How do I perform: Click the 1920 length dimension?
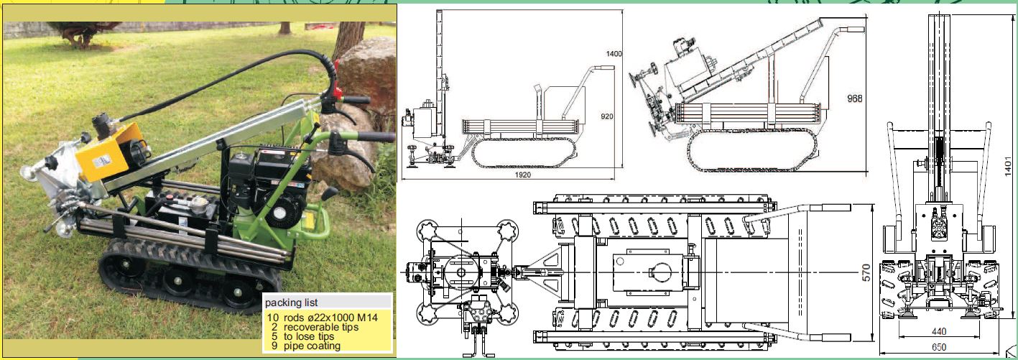[522, 175]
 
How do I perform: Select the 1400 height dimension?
[614, 54]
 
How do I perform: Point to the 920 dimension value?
[607, 116]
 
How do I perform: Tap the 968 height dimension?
[854, 98]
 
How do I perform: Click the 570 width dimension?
[866, 273]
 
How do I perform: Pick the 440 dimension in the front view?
[939, 332]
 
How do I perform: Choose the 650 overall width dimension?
[939, 348]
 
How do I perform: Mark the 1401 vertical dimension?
[1008, 167]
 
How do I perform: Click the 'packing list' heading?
[291, 303]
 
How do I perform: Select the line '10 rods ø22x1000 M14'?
[323, 318]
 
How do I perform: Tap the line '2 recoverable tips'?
[315, 327]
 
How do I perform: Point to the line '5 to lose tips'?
[302, 337]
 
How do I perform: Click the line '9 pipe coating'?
[306, 346]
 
